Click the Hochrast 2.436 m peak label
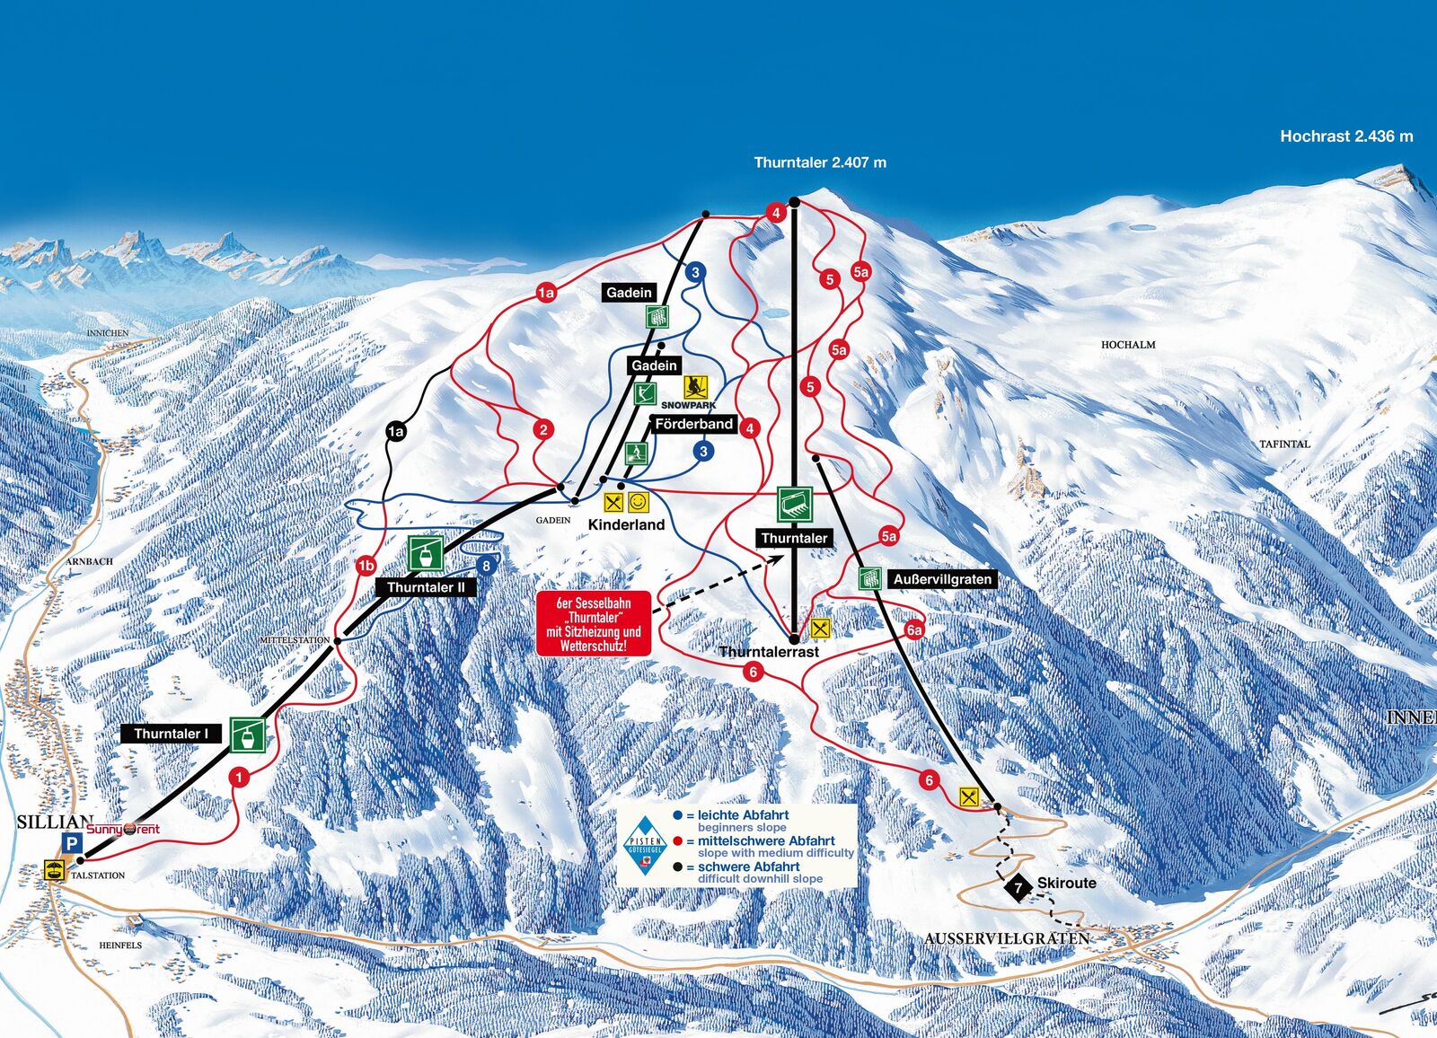click(x=1345, y=136)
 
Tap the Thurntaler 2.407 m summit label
click(x=819, y=163)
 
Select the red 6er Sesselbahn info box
click(x=594, y=624)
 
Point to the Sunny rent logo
click(x=123, y=829)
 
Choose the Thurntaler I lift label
click(x=171, y=734)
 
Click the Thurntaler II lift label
click(x=426, y=587)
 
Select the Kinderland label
click(x=626, y=524)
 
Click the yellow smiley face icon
click(x=638, y=503)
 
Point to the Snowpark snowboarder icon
click(x=695, y=387)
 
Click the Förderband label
click(x=693, y=424)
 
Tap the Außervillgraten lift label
click(x=942, y=579)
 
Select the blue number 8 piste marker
click(x=486, y=565)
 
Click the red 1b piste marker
click(x=366, y=566)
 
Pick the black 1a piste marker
click(x=395, y=432)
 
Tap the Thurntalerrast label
click(x=770, y=652)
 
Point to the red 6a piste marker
click(x=914, y=630)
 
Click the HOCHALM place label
click(x=1128, y=345)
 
